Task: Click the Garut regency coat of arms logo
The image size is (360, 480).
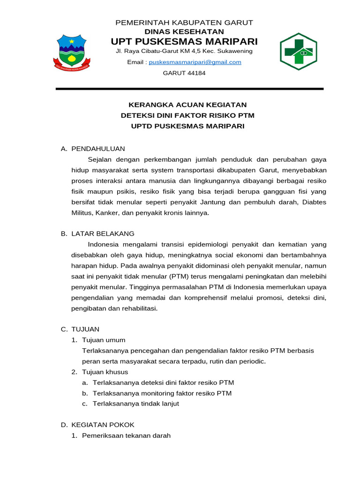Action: point(72,52)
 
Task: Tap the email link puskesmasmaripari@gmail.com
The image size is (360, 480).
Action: point(195,62)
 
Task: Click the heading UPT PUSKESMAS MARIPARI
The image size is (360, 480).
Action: point(184,41)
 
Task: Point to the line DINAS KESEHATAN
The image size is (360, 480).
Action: point(184,31)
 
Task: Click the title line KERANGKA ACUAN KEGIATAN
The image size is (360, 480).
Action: point(187,105)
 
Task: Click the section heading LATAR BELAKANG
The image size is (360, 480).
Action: point(103,233)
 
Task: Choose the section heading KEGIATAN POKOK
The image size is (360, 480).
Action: point(103,425)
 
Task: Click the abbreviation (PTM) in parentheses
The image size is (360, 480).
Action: point(171,277)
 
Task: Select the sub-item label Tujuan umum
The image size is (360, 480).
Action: point(104,340)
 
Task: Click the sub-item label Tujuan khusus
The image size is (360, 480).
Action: point(105,372)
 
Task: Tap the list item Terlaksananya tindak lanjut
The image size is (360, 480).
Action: point(136,404)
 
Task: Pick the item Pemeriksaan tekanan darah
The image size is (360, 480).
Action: point(126,435)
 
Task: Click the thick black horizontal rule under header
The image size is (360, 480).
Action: point(189,89)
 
